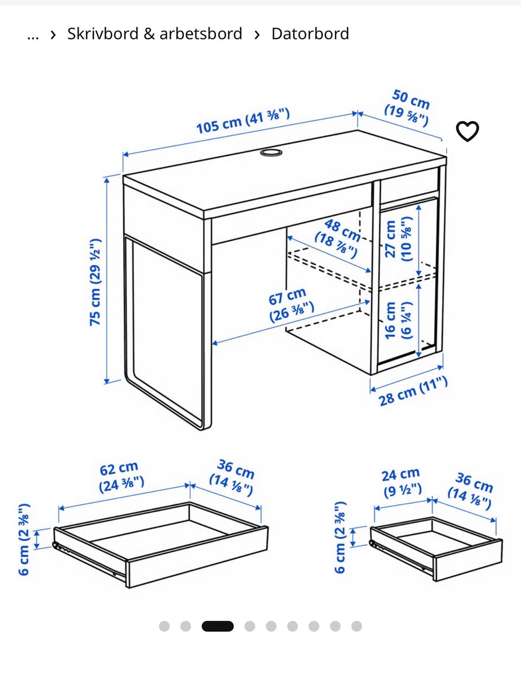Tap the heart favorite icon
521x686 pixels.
[467, 131]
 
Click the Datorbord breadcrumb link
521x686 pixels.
[310, 34]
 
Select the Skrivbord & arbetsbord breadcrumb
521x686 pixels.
[155, 34]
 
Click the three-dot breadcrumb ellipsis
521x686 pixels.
[33, 37]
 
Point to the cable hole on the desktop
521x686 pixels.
[271, 153]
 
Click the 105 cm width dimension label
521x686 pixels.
[243, 121]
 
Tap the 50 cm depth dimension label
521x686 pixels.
[408, 108]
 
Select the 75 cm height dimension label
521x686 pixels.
[96, 282]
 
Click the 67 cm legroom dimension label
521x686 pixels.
[291, 305]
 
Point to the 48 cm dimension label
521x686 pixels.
[338, 238]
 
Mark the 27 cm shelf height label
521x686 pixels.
[398, 239]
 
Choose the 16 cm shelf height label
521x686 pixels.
[398, 320]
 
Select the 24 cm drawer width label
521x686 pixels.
[402, 483]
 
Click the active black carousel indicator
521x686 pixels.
[218, 626]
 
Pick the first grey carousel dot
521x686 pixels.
[164, 626]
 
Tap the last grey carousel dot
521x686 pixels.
[357, 626]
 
